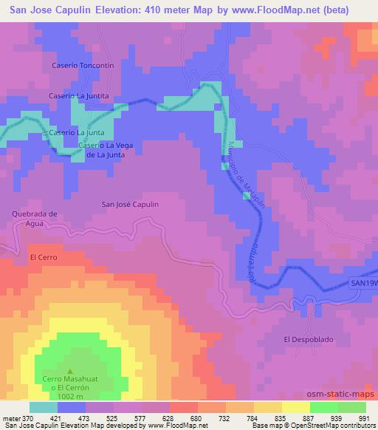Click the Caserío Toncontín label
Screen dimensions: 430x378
tap(82, 65)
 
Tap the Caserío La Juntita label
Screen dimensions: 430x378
tap(79, 96)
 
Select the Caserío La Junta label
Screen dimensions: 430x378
tap(75, 132)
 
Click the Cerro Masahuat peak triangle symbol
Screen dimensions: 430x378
tap(70, 372)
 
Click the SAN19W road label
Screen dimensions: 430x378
tap(363, 283)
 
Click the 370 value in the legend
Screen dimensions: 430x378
tap(24, 417)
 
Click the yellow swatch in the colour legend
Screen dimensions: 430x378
tap(296, 407)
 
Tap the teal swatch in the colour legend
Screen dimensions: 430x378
tap(44, 407)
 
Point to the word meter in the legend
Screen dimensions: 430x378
tap(10, 417)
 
